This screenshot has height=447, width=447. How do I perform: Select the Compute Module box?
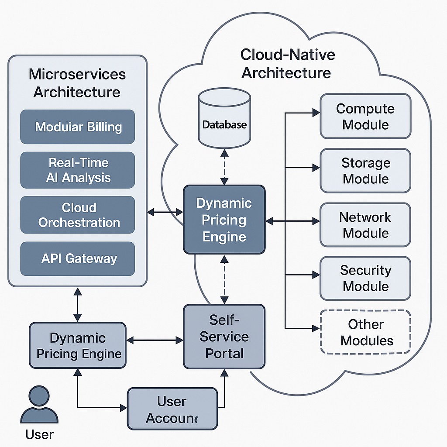[365, 117]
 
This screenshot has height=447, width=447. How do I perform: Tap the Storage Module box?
[365, 171]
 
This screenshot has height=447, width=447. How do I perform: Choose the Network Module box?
[365, 225]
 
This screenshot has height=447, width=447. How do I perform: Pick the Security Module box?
[365, 278]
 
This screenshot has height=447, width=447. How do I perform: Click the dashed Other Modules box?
[365, 332]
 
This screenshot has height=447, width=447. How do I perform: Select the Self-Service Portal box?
[224, 336]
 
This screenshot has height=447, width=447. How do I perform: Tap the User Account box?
[172, 409]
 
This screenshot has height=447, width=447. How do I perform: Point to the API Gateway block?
[78, 258]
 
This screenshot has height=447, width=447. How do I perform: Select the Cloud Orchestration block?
[78, 215]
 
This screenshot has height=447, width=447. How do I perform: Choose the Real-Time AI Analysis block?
[78, 170]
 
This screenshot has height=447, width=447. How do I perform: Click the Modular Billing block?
[78, 127]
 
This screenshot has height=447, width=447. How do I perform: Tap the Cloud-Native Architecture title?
[287, 64]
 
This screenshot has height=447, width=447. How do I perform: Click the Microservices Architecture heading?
[77, 83]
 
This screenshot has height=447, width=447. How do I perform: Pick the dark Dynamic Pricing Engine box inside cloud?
[224, 220]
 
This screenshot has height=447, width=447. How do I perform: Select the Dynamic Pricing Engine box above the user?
[78, 345]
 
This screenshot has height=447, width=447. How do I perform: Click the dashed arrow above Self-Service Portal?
[224, 279]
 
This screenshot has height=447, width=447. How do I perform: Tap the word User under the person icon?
[39, 435]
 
